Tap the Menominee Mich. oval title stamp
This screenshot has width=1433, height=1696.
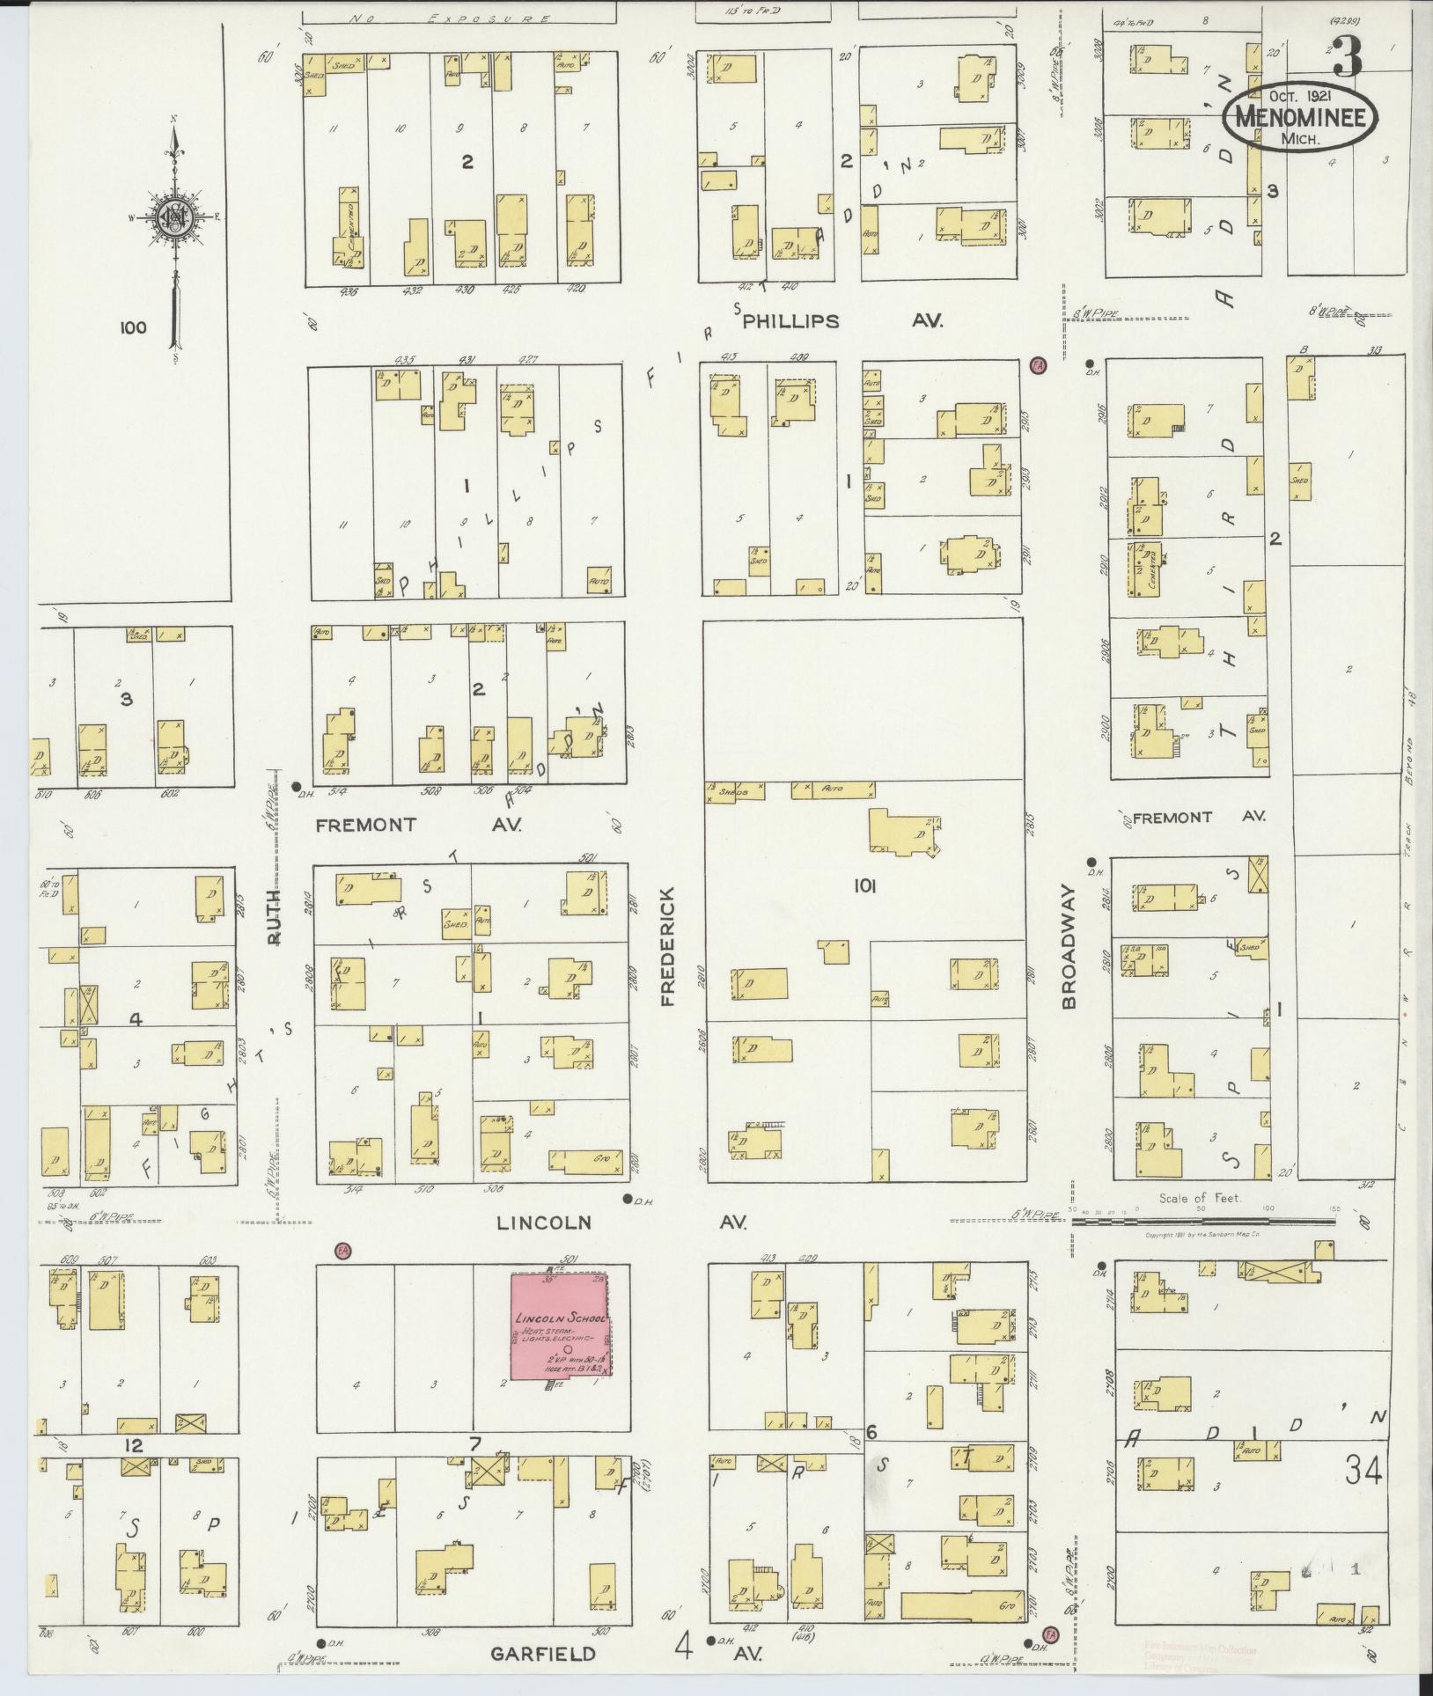[x=1298, y=121]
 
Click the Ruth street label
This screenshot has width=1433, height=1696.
[x=274, y=917]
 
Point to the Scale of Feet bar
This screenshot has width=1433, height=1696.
[x=1202, y=1220]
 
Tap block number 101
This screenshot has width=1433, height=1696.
[x=864, y=887]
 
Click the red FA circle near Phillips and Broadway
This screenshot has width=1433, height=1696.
[x=1038, y=364]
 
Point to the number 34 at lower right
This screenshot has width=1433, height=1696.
[x=1363, y=1469]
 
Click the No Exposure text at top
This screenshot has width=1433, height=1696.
[x=448, y=18]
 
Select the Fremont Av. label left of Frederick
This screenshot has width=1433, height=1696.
[x=418, y=825]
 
